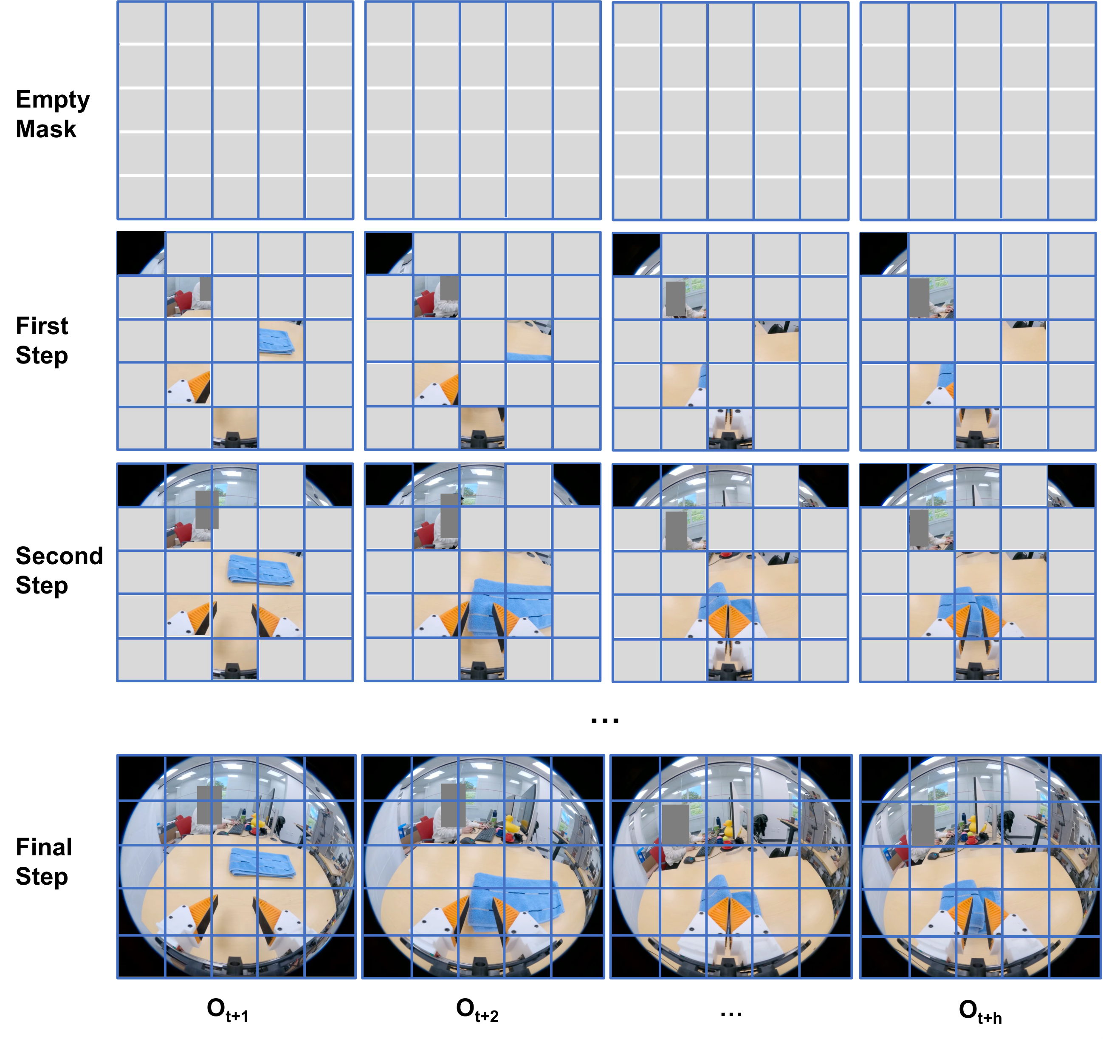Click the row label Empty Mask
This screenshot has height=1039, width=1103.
coord(52,114)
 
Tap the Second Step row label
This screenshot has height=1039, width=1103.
coord(59,571)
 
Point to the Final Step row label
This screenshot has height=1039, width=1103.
coord(44,861)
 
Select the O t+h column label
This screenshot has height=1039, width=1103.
coord(980,1011)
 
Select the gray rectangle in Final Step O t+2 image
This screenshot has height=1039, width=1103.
coord(453,805)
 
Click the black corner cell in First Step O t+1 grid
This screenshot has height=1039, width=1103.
coord(141,253)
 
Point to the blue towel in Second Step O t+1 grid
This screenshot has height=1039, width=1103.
coord(261,569)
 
